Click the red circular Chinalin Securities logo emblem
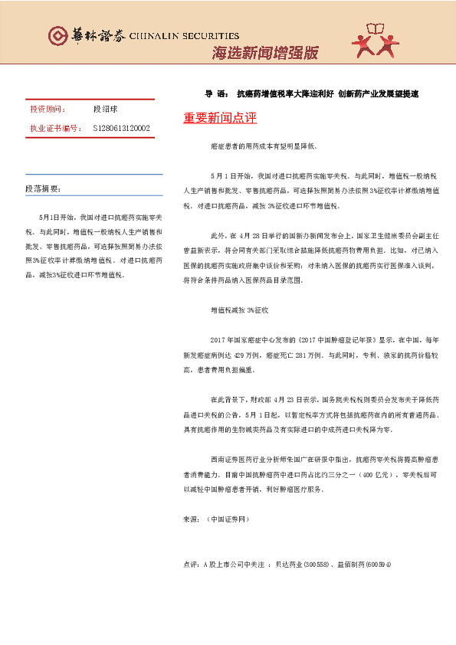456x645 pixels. coord(57,35)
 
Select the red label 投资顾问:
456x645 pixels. coord(48,110)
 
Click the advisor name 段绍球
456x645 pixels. coord(104,110)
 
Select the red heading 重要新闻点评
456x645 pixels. coord(220,119)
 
